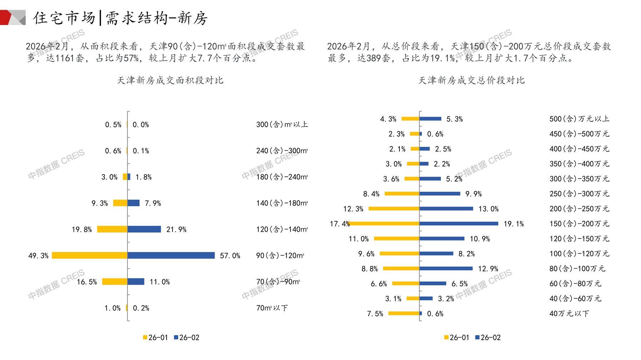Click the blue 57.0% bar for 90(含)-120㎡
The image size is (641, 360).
tap(171, 256)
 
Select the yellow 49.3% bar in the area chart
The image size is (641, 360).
tap(90, 256)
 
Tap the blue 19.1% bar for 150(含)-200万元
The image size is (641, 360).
tap(459, 224)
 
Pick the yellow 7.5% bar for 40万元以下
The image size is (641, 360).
tap(404, 314)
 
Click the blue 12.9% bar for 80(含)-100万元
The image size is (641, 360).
tap(446, 269)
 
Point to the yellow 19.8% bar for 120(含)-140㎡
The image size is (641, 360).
tap(112, 230)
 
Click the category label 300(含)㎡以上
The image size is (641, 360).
tap(282, 125)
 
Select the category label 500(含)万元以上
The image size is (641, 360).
tap(579, 119)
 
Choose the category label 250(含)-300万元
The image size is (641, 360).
tap(579, 194)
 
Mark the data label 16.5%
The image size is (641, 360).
tap(87, 282)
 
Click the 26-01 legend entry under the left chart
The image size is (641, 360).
tap(156, 338)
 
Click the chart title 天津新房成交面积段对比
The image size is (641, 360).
tap(170, 81)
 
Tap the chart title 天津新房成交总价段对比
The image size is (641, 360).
tap(471, 81)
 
